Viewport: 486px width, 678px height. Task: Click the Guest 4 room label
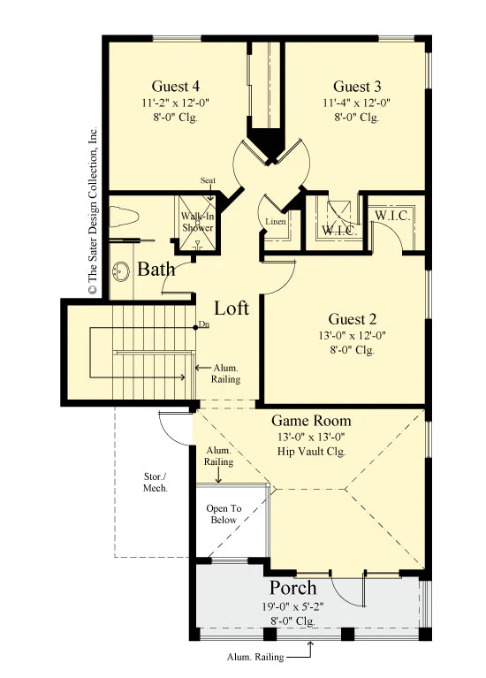(x=176, y=86)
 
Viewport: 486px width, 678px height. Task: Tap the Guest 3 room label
(x=357, y=86)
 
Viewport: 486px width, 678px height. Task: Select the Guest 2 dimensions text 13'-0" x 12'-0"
(x=353, y=335)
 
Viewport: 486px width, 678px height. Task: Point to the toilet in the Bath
(x=123, y=217)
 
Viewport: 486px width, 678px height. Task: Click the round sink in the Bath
(x=121, y=271)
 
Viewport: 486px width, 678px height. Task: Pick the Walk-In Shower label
(x=197, y=222)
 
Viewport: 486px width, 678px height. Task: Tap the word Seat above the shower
(x=208, y=180)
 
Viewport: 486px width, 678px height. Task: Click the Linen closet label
(x=276, y=222)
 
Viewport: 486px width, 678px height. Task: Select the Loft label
(x=232, y=309)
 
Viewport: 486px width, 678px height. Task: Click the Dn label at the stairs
(x=203, y=324)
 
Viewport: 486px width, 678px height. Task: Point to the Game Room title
(x=311, y=420)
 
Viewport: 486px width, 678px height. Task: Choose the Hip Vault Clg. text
(x=311, y=452)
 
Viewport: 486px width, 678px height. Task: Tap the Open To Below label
(x=224, y=514)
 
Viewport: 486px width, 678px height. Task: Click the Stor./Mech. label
(x=156, y=482)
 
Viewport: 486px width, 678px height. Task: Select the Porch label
(x=293, y=588)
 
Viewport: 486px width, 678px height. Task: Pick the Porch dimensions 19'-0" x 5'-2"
(x=292, y=606)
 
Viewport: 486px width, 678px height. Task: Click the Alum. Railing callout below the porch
(x=255, y=658)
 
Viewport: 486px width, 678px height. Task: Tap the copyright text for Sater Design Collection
(x=93, y=210)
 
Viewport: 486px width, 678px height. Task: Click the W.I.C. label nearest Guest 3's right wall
(x=392, y=216)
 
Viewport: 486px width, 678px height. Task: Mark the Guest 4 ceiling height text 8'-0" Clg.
(x=176, y=118)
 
